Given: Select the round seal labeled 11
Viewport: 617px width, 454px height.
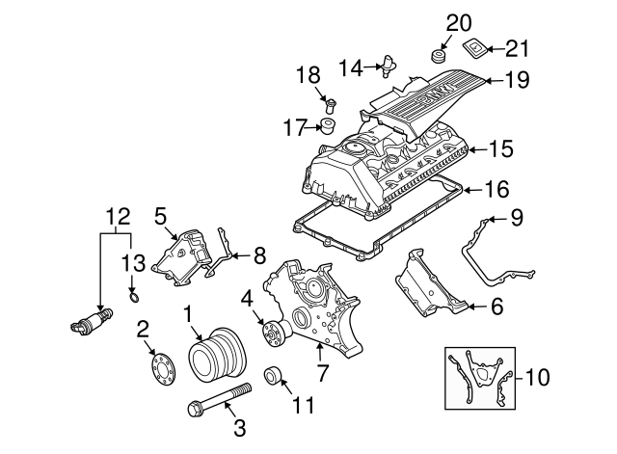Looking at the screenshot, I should pyautogui.click(x=273, y=375).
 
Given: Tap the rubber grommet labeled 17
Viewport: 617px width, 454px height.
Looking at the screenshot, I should pyautogui.click(x=327, y=126).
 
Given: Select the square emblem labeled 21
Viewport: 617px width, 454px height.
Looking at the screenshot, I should pyautogui.click(x=474, y=46).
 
